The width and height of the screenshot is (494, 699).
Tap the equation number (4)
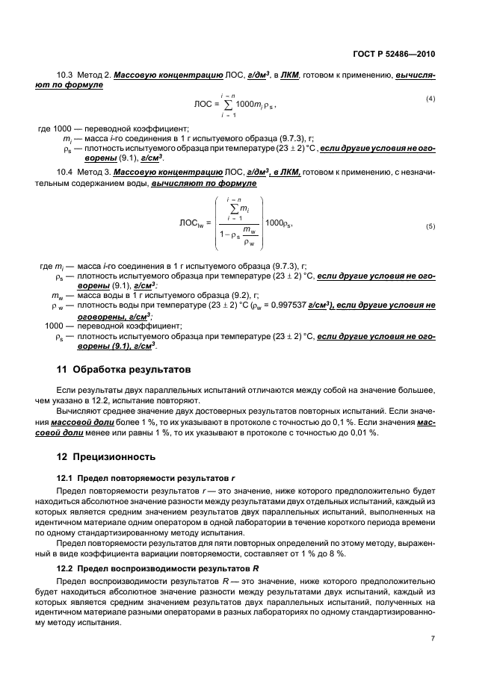click(430, 99)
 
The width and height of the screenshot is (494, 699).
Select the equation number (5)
click(430, 226)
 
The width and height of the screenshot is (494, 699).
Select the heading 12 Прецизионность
click(107, 456)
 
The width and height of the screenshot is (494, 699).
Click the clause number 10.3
click(66, 76)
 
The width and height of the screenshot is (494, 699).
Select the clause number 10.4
click(66, 172)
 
